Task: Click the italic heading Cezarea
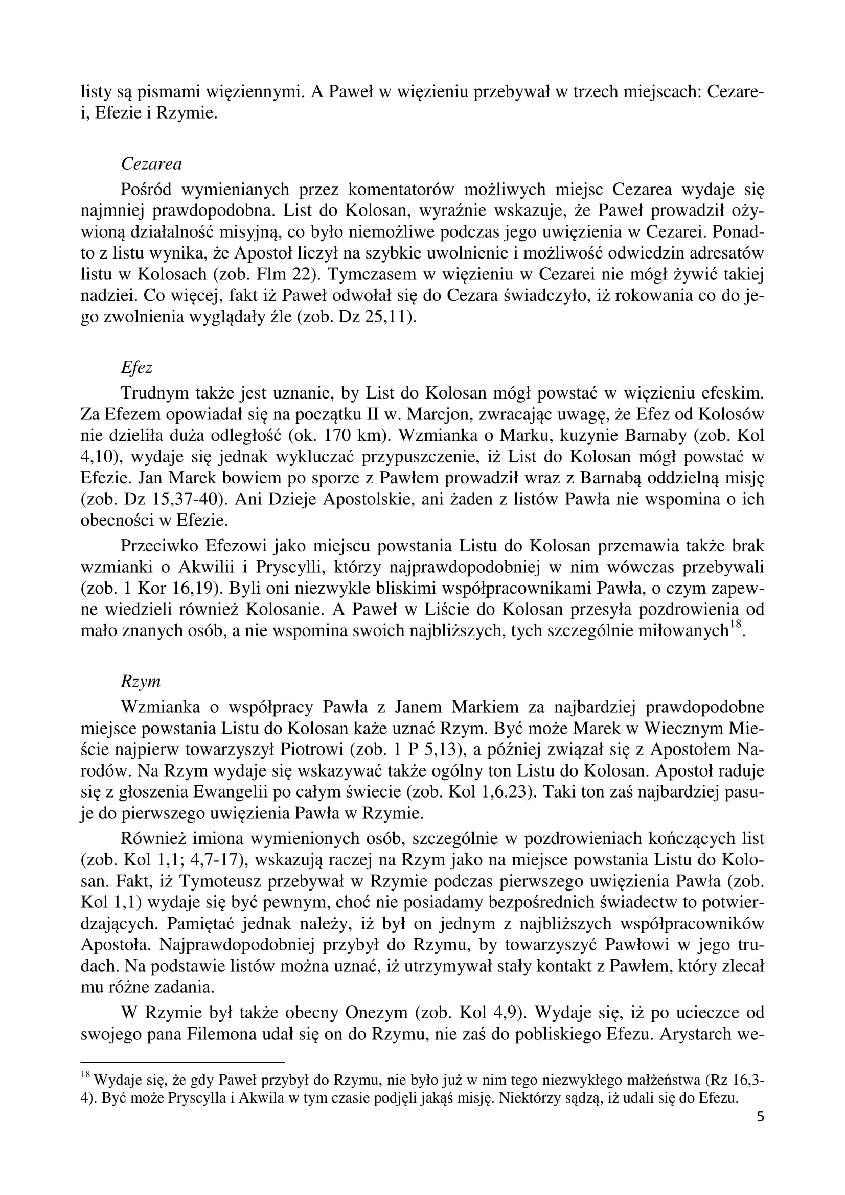[x=151, y=165]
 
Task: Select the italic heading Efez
[x=136, y=368]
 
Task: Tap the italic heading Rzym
[x=141, y=682]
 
